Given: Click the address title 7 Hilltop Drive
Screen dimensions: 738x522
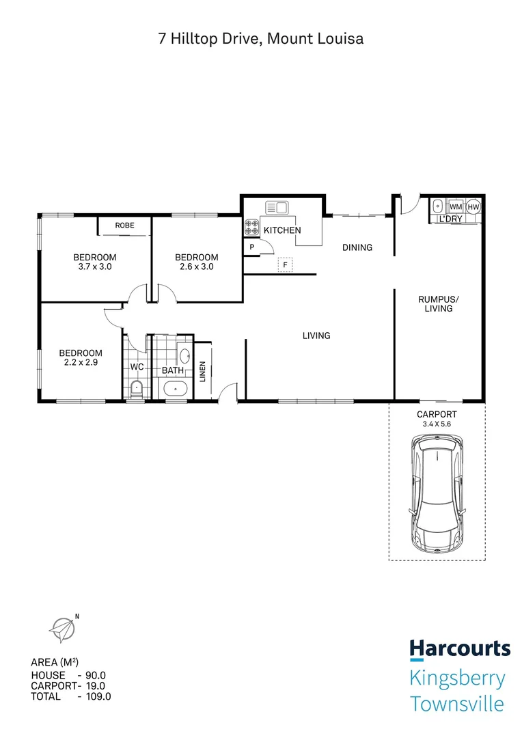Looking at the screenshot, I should pyautogui.click(x=260, y=39).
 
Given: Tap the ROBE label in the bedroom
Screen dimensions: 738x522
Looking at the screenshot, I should pyautogui.click(x=124, y=225).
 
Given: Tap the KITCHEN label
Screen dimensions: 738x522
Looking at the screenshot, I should pyautogui.click(x=281, y=230).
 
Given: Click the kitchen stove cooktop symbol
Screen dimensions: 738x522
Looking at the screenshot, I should pyautogui.click(x=251, y=227).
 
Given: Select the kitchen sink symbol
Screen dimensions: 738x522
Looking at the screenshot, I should pyautogui.click(x=277, y=206).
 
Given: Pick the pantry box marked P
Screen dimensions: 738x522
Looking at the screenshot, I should pyautogui.click(x=252, y=247).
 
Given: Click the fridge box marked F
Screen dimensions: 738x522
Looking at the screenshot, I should pyautogui.click(x=285, y=264).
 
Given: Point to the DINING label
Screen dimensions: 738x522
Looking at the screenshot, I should pyautogui.click(x=357, y=247).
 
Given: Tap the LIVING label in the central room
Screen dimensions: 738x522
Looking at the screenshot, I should pyautogui.click(x=317, y=336).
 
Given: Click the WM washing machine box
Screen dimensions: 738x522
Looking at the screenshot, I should pyautogui.click(x=456, y=206).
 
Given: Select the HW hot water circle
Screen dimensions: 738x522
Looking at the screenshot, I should pyautogui.click(x=473, y=206).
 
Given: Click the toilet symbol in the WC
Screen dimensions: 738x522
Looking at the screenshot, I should pyautogui.click(x=137, y=390).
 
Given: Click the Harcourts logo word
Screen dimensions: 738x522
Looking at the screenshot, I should pyautogui.click(x=459, y=648).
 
